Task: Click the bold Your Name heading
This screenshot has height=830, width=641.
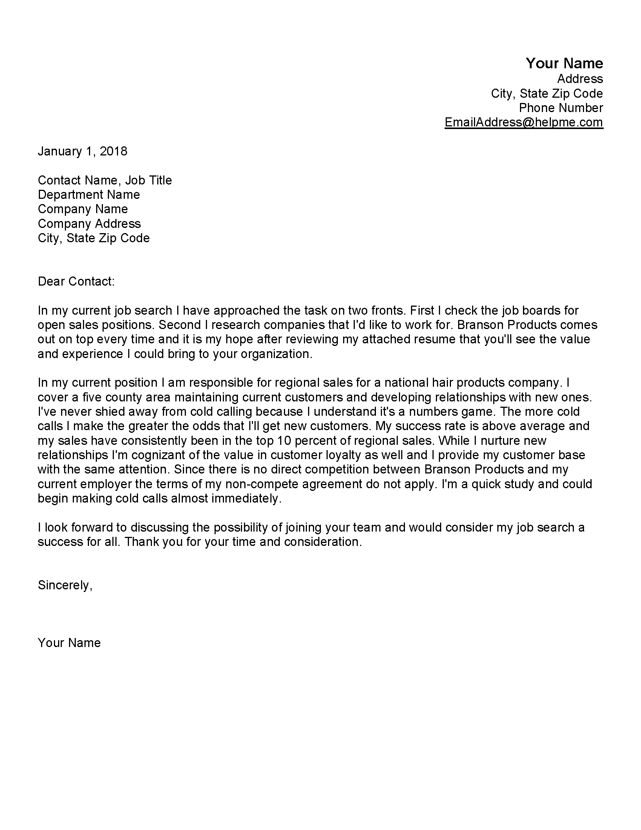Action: [564, 63]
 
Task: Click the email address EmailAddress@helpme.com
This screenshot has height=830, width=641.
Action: [524, 122]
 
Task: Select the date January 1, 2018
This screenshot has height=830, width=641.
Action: [83, 151]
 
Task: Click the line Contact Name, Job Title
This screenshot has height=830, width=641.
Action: [105, 180]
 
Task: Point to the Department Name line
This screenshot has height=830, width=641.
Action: [89, 195]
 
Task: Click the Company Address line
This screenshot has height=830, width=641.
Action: [89, 223]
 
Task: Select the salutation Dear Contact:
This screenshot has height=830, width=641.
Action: [76, 281]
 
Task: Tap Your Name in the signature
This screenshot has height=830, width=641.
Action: [69, 642]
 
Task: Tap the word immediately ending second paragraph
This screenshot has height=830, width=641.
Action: [246, 498]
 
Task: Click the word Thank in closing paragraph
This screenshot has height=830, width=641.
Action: [142, 541]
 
